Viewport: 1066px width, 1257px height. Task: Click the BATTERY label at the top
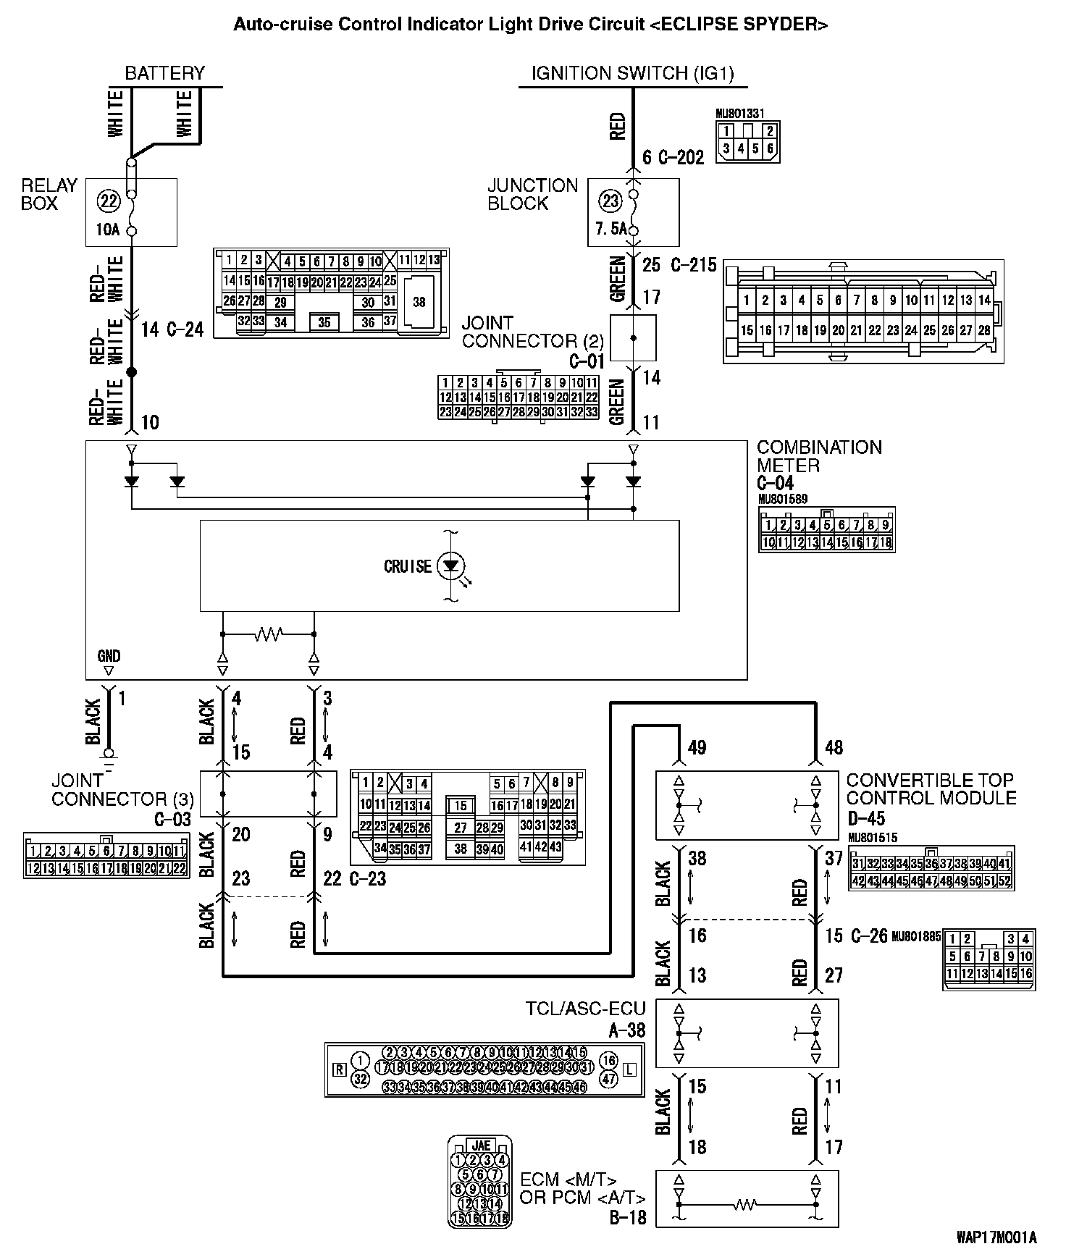click(x=164, y=73)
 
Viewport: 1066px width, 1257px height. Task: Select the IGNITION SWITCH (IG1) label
click(x=632, y=73)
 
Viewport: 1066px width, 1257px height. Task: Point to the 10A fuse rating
click(x=108, y=230)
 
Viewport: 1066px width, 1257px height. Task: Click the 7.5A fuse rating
click(x=610, y=230)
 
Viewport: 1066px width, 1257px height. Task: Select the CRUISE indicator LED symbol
click(x=453, y=566)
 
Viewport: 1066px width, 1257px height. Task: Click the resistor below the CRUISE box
click(x=268, y=634)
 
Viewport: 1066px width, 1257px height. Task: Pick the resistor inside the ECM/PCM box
click(x=746, y=1205)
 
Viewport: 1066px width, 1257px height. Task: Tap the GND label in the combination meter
click(x=109, y=656)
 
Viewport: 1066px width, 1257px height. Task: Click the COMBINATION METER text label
click(x=819, y=456)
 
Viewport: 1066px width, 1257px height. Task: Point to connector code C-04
click(x=775, y=483)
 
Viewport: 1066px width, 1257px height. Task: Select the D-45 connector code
click(x=866, y=818)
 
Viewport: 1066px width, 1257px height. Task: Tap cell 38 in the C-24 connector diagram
click(x=419, y=301)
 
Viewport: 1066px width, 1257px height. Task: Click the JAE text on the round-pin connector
click(x=480, y=1145)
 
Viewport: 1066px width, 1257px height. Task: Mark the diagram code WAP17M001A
click(x=996, y=1237)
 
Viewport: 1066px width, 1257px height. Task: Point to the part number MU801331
click(x=739, y=114)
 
